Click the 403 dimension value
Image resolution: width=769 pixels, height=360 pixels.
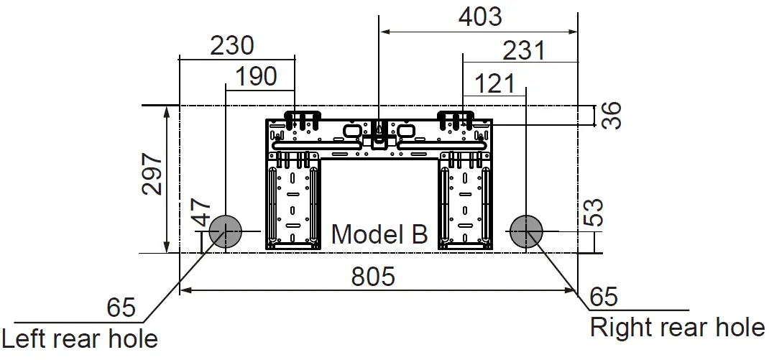coord(480,17)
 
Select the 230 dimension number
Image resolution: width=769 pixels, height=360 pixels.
coord(232,46)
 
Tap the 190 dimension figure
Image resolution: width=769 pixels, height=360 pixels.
coord(256,77)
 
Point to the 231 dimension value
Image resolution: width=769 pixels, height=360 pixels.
coord(524,50)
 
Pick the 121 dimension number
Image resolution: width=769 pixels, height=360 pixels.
coord(495,84)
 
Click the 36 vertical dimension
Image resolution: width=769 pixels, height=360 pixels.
coord(611,115)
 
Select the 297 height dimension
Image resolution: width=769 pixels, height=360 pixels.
coord(152,174)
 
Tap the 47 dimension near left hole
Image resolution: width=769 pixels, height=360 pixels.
coord(201,212)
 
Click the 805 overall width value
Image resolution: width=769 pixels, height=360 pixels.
coord(373,277)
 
